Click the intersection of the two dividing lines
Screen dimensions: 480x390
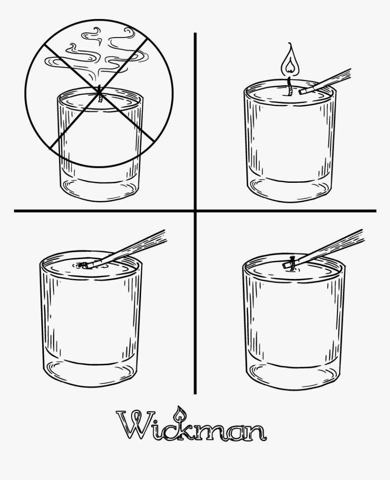pos(195,211)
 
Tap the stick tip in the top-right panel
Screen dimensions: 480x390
pos(303,91)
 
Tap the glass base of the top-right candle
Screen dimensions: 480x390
pos(290,191)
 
